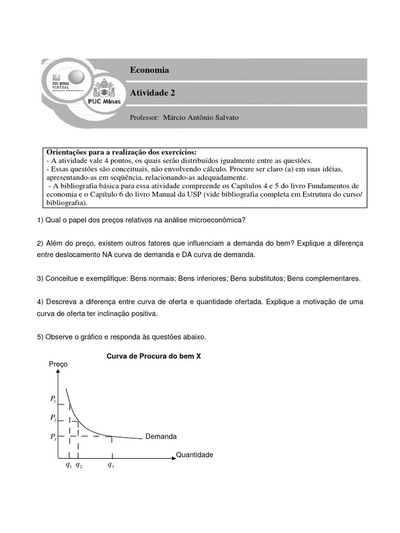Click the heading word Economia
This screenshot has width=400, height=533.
pos(149,70)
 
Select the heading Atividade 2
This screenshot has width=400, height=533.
pos(153,93)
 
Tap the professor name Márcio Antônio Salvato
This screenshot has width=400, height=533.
pos(201,118)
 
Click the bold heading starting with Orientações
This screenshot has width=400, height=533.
pos(122,152)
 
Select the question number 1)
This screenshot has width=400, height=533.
pos(41,220)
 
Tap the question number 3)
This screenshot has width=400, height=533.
pos(41,278)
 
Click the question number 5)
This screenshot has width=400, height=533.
pos(41,337)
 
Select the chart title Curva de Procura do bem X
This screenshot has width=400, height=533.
pos(154,357)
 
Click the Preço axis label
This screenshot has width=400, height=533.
pos(57,364)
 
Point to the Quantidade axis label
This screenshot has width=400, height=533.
pos(194,454)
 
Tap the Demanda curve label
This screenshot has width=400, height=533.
pos(161,436)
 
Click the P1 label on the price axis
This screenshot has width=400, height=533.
pos(53,399)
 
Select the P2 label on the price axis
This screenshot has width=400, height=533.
pos(53,417)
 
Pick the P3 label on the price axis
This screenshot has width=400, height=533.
pos(53,437)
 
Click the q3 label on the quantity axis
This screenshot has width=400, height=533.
pos(111,465)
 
